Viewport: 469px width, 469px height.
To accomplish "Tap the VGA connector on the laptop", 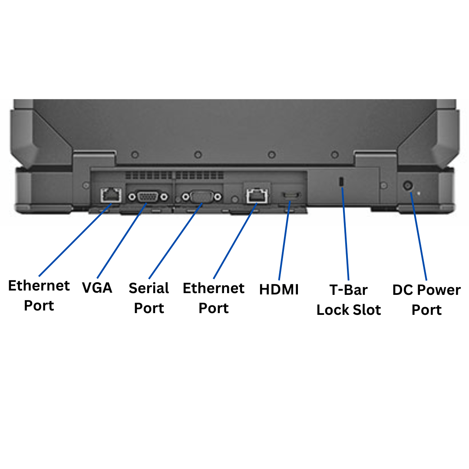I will [x=148, y=197].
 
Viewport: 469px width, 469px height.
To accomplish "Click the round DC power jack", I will [x=408, y=186].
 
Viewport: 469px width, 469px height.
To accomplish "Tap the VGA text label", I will [x=97, y=287].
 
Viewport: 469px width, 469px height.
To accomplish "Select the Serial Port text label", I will [x=149, y=298].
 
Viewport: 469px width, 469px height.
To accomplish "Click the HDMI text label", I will [x=279, y=290].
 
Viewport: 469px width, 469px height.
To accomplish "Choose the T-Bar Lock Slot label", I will [x=348, y=300].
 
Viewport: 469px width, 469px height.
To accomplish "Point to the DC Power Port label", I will [x=426, y=300].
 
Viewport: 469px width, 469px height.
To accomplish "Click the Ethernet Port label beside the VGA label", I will [x=39, y=295].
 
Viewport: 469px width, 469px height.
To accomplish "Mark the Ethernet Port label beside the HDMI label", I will [x=214, y=298].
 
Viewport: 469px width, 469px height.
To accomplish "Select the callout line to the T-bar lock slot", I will [x=346, y=234].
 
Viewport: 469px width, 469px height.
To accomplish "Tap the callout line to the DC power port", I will [x=418, y=237].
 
